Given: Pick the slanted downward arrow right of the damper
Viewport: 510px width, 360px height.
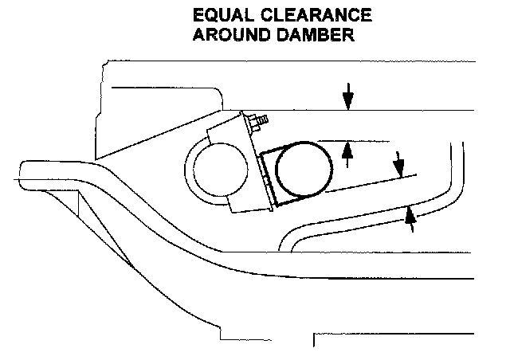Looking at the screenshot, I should pos(398,166).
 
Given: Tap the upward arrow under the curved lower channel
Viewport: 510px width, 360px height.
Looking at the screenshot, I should pos(410,217).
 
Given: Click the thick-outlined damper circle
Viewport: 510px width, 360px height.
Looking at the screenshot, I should pos(303,170).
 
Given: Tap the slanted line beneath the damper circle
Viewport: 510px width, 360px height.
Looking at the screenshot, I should pos(367,184).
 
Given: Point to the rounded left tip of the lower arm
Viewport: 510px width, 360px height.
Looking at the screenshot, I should pos(24,171).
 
